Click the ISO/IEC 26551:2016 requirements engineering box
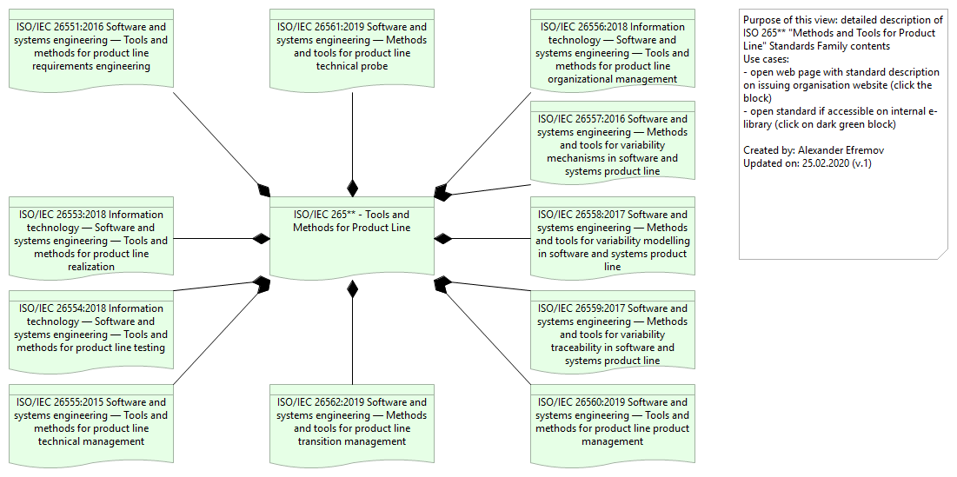pyautogui.click(x=91, y=47)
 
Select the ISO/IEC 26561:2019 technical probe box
pyautogui.click(x=352, y=47)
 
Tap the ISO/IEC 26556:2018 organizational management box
pyautogui.click(x=613, y=48)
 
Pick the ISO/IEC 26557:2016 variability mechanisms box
pyautogui.click(x=613, y=142)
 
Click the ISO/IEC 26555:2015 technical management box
pyautogui.click(x=91, y=424)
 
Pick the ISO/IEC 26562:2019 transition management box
pyautogui.click(x=352, y=424)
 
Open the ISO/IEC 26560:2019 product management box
pyautogui.click(x=613, y=424)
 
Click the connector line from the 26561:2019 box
pyautogui.click(x=352, y=130)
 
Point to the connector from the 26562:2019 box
pyautogui.click(x=352, y=339)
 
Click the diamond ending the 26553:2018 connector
pyautogui.click(x=261, y=238)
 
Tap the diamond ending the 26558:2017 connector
pyautogui.click(x=443, y=238)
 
